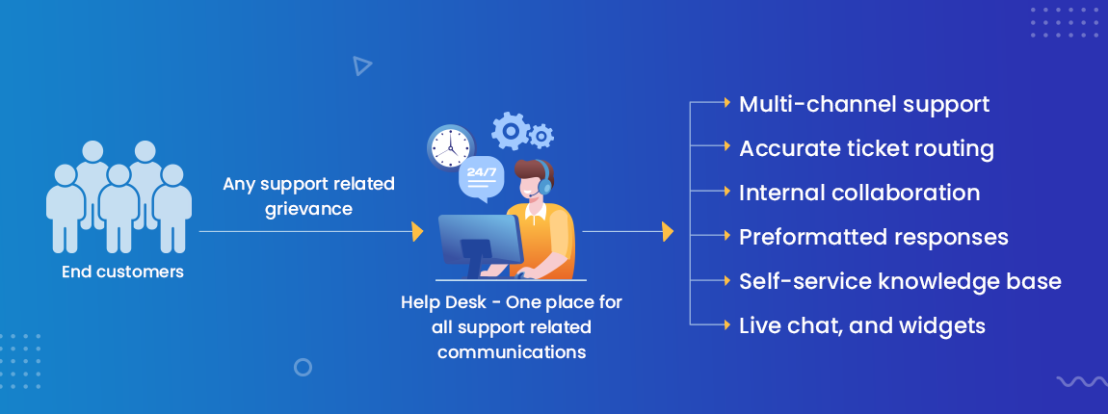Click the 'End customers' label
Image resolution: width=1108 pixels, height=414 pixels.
(122, 272)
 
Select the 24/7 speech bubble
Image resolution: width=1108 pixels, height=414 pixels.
(480, 177)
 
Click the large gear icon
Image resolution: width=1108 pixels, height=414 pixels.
(510, 130)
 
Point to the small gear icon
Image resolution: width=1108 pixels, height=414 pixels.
(541, 136)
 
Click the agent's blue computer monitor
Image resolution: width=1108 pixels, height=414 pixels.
(479, 240)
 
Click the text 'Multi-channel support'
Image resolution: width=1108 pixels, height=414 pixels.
(864, 104)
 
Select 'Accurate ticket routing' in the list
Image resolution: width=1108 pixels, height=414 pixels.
(866, 148)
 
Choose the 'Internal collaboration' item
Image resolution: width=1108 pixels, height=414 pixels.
(859, 193)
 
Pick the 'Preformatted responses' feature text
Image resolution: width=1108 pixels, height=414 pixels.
(874, 237)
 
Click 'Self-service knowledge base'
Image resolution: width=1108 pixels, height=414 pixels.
(900, 281)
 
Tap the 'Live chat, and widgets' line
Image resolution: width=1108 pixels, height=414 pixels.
(862, 325)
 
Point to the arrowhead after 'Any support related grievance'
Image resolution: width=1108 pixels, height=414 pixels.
(417, 232)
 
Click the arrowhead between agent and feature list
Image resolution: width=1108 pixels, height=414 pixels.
(667, 232)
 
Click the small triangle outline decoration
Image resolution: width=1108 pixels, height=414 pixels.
(361, 65)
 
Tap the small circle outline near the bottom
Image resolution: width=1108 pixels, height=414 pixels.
(303, 367)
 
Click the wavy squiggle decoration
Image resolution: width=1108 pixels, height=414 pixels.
(1081, 381)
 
